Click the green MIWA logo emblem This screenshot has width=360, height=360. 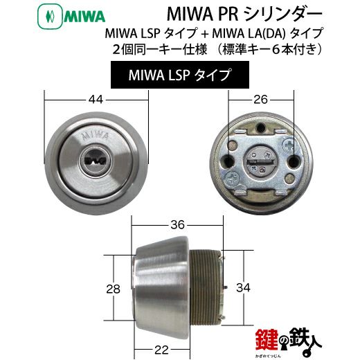click(x=50, y=17)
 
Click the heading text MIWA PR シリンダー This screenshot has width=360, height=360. click(x=244, y=15)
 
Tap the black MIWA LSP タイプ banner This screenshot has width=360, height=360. click(x=180, y=75)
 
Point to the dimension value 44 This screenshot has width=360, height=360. click(x=96, y=100)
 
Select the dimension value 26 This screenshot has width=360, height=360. click(x=260, y=100)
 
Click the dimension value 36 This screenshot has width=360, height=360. click(x=178, y=224)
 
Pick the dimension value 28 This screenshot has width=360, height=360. click(x=113, y=289)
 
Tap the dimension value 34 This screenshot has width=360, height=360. click(x=243, y=288)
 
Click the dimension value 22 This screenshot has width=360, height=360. click(x=161, y=350)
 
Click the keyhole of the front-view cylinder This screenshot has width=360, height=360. click(x=96, y=161)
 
